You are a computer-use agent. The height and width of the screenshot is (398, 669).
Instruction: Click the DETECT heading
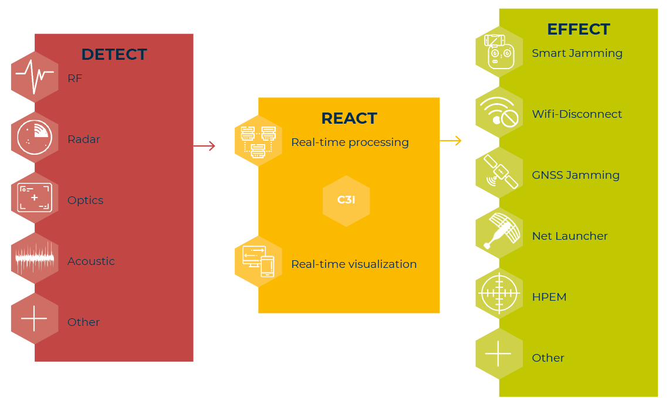click(x=114, y=55)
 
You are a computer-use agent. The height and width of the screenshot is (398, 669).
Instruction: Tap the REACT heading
click(x=349, y=118)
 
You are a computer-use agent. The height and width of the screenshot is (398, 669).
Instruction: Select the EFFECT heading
click(x=579, y=29)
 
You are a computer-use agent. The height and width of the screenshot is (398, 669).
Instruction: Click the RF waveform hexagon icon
click(x=35, y=77)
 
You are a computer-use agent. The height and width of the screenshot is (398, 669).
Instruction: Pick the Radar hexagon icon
click(x=35, y=138)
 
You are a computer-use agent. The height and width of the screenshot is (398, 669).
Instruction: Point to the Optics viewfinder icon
click(x=35, y=198)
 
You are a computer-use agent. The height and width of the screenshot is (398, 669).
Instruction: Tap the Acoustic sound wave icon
click(x=35, y=258)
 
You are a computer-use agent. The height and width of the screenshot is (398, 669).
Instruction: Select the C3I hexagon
click(x=346, y=200)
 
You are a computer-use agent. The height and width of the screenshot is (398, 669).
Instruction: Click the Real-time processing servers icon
click(x=258, y=141)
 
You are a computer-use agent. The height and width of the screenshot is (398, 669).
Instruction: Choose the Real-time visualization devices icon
click(x=258, y=261)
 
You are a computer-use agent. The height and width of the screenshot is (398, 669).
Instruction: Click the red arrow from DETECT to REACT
click(x=204, y=146)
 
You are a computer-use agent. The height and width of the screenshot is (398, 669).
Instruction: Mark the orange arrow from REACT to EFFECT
click(x=451, y=141)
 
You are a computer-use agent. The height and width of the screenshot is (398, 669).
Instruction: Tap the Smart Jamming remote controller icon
click(x=499, y=52)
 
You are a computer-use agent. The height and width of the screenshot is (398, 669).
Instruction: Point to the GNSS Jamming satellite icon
click(x=499, y=172)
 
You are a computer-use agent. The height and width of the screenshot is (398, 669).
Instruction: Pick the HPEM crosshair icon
click(x=499, y=293)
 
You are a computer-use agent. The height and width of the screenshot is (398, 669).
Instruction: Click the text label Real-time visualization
click(x=354, y=264)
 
